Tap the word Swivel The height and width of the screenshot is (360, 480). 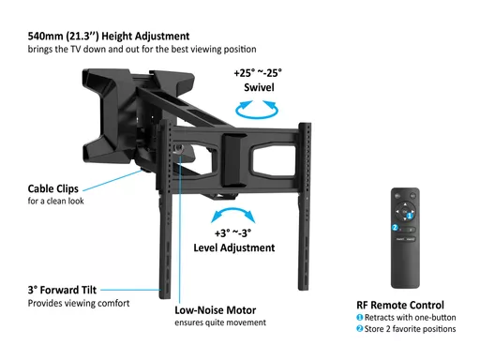coord(259,87)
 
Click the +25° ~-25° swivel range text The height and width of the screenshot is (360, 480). coord(258,73)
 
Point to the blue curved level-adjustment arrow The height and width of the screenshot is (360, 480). coord(233,210)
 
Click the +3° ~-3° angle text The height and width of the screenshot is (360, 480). coord(232,233)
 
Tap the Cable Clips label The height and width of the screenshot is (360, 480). coord(53,188)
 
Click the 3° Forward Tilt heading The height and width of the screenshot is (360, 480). coord(62,290)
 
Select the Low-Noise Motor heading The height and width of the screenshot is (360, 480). coord(216,310)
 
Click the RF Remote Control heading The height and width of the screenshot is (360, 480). coord(400,305)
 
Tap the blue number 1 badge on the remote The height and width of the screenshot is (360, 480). coord(410,216)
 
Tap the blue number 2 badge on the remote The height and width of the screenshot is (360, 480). coord(395,228)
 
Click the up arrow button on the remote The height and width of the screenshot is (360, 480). coord(405,204)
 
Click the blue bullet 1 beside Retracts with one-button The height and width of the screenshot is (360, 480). coord(360,318)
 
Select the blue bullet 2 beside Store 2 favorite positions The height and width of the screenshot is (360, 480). coord(360,329)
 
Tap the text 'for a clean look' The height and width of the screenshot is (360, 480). coord(56,201)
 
